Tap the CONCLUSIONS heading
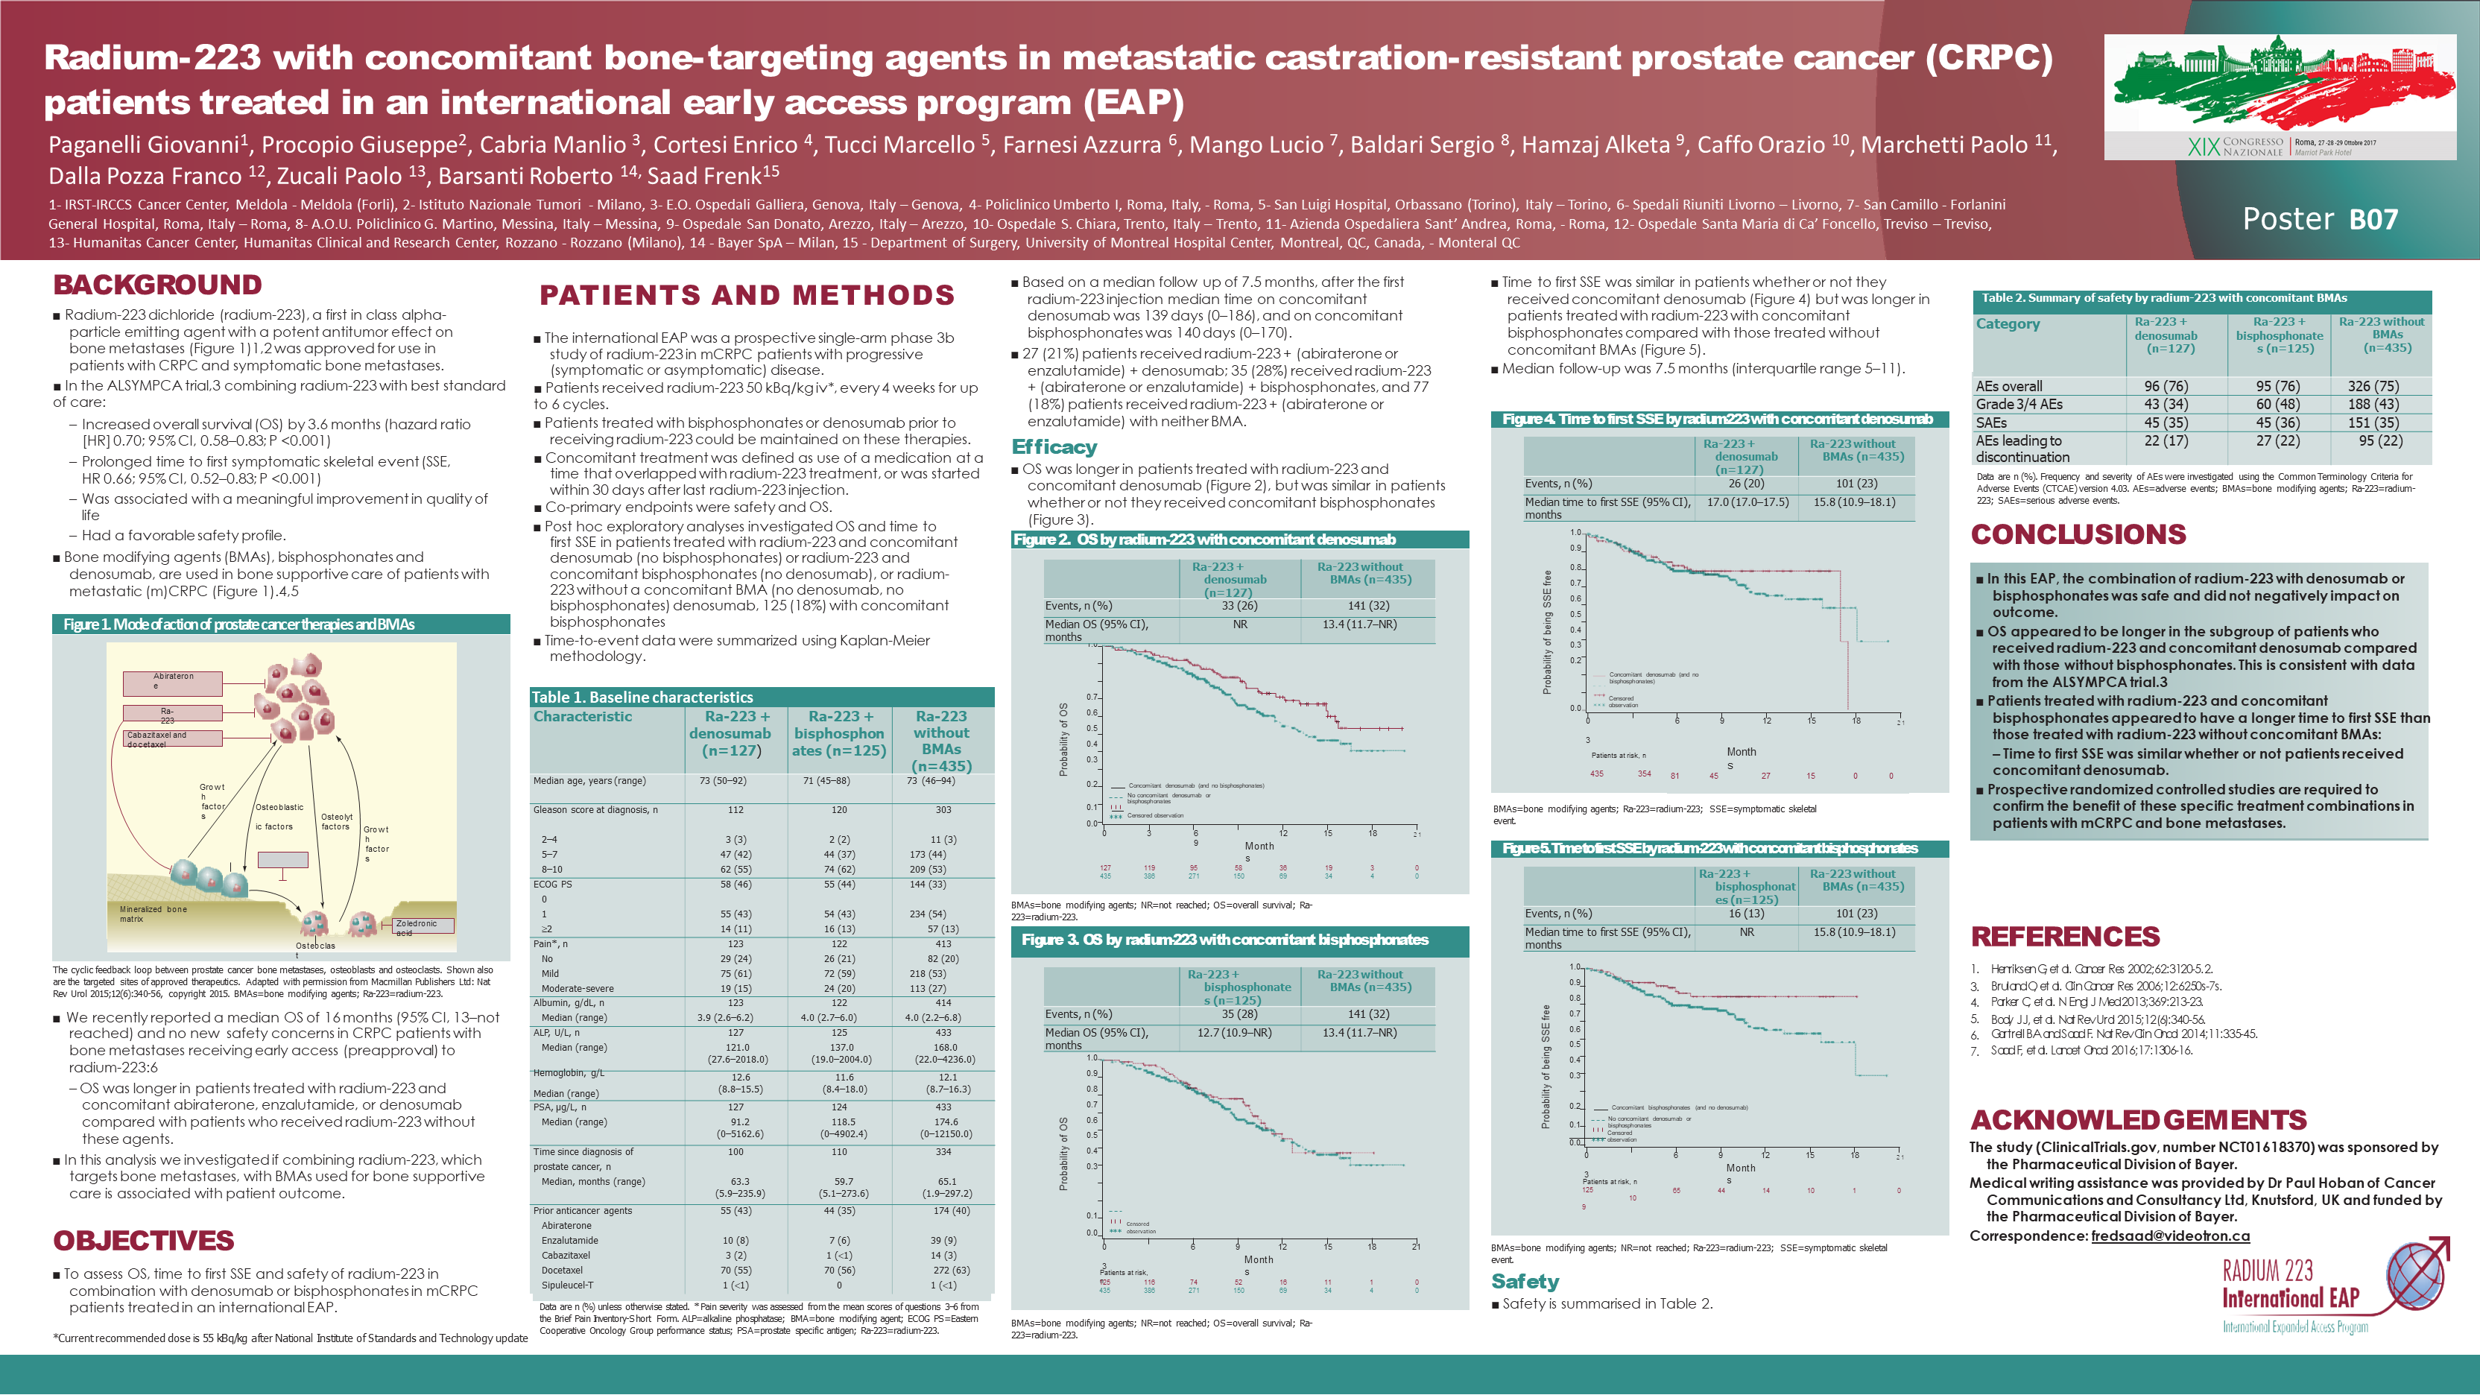2078,534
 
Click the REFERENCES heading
2065,936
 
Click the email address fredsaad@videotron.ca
2170,1236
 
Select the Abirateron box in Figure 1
174,683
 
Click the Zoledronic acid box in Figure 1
422,926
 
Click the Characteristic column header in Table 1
583,716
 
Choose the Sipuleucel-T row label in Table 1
567,1285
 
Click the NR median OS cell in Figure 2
1239,624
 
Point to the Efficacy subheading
1054,446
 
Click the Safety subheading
1525,1282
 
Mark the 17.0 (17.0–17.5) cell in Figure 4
1747,502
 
